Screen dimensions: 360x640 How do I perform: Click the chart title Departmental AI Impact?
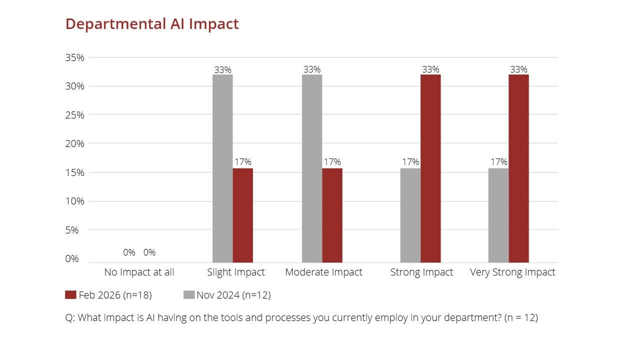point(152,24)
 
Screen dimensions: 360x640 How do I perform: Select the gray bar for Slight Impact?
point(222,168)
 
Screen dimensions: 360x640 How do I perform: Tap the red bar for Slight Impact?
point(243,215)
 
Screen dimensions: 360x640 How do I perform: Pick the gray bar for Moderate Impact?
point(312,168)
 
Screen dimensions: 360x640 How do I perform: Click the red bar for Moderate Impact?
point(332,215)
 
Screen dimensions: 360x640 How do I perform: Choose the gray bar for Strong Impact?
point(410,215)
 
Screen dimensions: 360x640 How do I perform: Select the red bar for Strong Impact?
point(430,168)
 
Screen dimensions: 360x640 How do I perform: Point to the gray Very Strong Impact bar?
point(498,215)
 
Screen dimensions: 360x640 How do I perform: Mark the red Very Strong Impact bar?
point(518,168)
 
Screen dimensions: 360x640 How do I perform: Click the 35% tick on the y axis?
point(75,57)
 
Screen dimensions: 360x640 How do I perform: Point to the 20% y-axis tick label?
point(75,143)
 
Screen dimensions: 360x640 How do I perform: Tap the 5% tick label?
point(77,230)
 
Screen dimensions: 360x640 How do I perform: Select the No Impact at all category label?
point(139,272)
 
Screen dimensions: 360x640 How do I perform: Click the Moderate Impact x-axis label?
point(323,272)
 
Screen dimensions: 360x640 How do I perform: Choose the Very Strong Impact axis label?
point(512,272)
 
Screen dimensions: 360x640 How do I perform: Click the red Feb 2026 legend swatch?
point(70,295)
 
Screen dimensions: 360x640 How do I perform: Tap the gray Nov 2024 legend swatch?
point(189,295)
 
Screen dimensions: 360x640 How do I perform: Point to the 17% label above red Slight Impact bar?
point(243,162)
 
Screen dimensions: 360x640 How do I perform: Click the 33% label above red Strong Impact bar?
point(430,69)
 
